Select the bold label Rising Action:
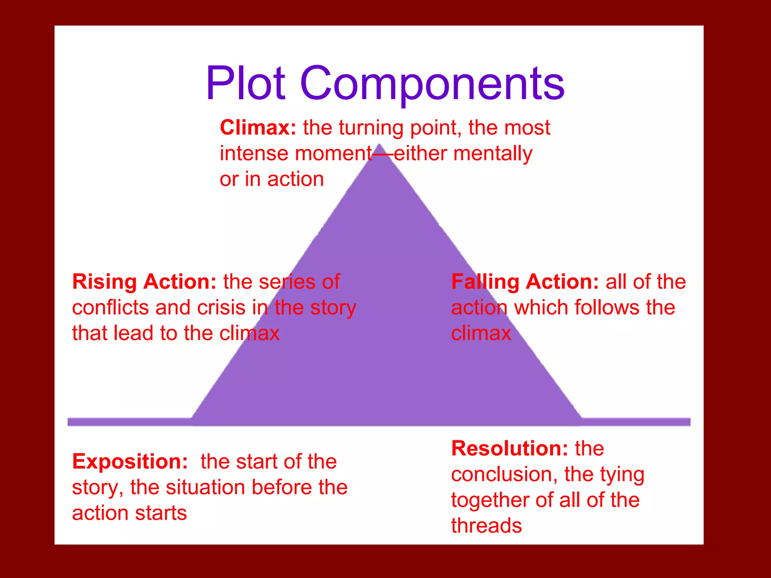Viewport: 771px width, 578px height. (x=144, y=282)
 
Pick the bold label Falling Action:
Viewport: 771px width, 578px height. (x=525, y=282)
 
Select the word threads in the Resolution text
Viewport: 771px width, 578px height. (x=486, y=526)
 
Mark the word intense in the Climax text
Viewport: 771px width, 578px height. (x=254, y=154)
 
